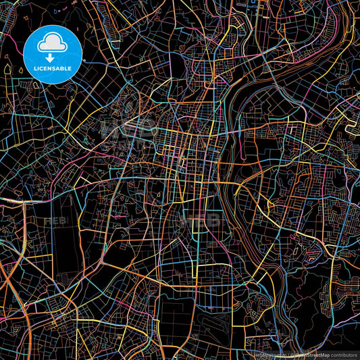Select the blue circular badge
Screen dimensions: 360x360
click(57, 53)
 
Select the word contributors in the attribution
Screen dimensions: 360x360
click(344, 354)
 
